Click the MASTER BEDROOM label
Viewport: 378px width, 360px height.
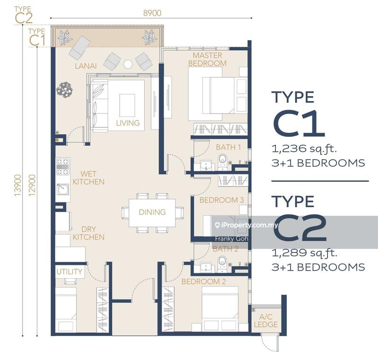click(x=207, y=59)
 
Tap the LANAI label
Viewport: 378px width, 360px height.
click(x=86, y=66)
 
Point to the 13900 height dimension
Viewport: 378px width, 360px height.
click(x=17, y=185)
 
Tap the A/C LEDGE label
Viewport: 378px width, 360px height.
click(x=266, y=320)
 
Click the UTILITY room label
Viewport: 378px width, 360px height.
click(x=69, y=272)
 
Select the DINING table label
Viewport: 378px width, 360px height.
click(x=152, y=212)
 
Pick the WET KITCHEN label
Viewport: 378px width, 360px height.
click(x=88, y=177)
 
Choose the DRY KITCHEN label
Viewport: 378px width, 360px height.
click(x=88, y=233)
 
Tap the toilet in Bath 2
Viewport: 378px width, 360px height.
click(x=222, y=263)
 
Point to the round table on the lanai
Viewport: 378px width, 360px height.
click(x=128, y=64)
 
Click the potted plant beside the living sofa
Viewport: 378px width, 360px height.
click(x=64, y=89)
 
